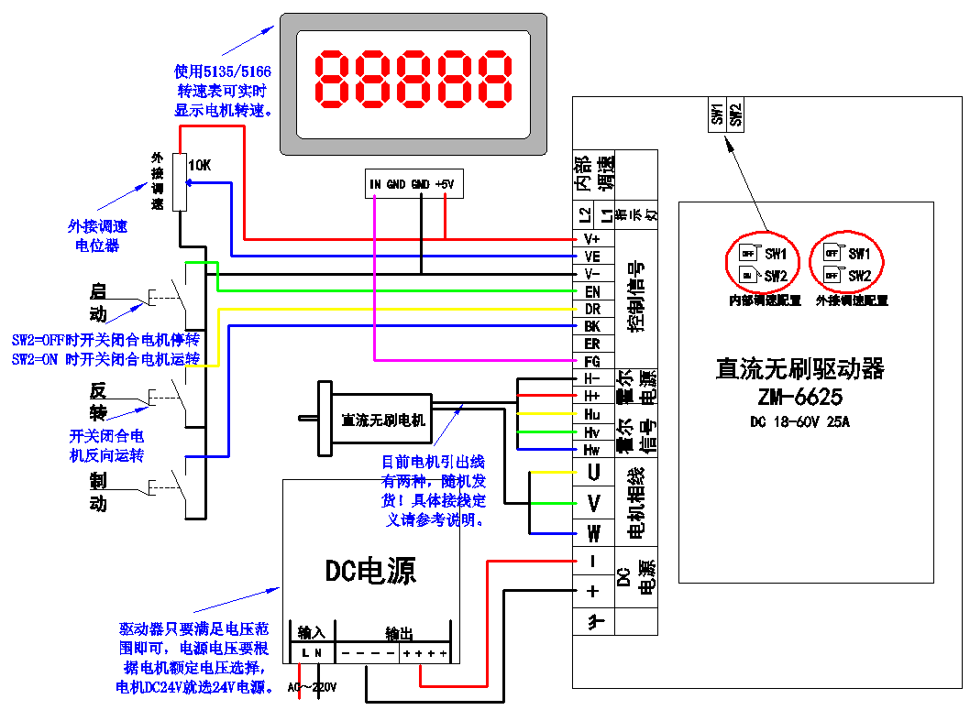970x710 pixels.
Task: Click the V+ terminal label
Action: click(x=592, y=239)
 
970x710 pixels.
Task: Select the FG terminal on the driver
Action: click(x=592, y=361)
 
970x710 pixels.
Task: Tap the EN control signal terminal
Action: click(x=592, y=291)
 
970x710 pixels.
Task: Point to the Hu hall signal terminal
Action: click(x=592, y=413)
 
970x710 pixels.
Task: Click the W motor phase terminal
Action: click(x=593, y=533)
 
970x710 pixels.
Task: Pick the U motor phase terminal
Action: click(x=593, y=473)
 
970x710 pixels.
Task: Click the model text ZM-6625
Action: click(x=799, y=398)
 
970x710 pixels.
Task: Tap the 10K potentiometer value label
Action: click(x=199, y=166)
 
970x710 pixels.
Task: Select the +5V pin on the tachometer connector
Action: click(x=445, y=184)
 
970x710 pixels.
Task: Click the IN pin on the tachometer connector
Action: click(x=375, y=184)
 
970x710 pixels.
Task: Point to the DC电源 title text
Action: click(x=370, y=571)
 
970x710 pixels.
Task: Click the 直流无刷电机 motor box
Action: click(x=383, y=420)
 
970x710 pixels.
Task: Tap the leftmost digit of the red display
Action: click(x=334, y=78)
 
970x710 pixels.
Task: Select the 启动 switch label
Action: click(x=97, y=303)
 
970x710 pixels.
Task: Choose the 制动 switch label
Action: click(x=97, y=493)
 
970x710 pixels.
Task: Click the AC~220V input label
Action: click(x=313, y=687)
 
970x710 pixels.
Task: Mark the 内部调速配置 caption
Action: click(x=765, y=300)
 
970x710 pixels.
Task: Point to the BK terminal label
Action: click(x=592, y=326)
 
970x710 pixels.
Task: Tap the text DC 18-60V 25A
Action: click(x=799, y=421)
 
